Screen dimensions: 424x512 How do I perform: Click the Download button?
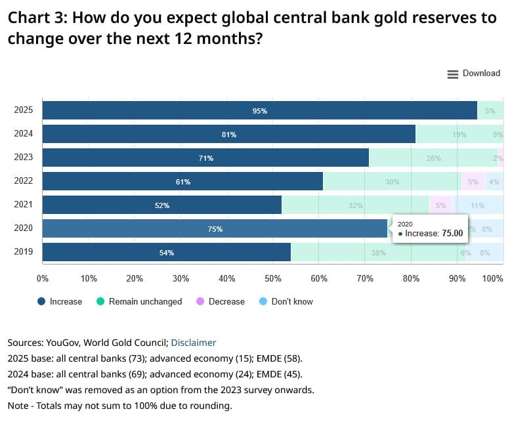pos(473,74)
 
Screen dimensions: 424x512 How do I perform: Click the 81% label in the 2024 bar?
pos(228,135)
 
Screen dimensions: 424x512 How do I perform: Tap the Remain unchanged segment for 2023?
pos(433,158)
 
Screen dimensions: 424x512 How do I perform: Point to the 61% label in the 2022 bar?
pos(182,182)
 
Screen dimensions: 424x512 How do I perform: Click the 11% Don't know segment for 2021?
pos(478,205)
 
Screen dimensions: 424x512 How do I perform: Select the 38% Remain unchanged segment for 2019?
pos(378,253)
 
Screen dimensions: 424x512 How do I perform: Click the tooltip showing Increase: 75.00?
pos(430,228)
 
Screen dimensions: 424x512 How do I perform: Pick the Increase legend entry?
pos(60,302)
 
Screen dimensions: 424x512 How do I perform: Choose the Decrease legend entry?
pos(220,302)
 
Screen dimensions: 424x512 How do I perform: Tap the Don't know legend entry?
pos(286,302)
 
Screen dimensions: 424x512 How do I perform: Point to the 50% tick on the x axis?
pos(272,279)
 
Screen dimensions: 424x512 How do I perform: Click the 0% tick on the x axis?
pos(43,279)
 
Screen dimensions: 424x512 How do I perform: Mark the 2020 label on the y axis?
pos(24,229)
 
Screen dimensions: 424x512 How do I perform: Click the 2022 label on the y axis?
pos(24,182)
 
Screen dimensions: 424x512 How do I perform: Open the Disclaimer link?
pos(193,343)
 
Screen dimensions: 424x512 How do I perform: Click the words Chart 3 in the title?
pos(32,18)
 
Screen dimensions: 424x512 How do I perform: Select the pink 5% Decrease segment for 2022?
pos(473,182)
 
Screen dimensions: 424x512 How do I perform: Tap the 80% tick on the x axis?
pos(411,279)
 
